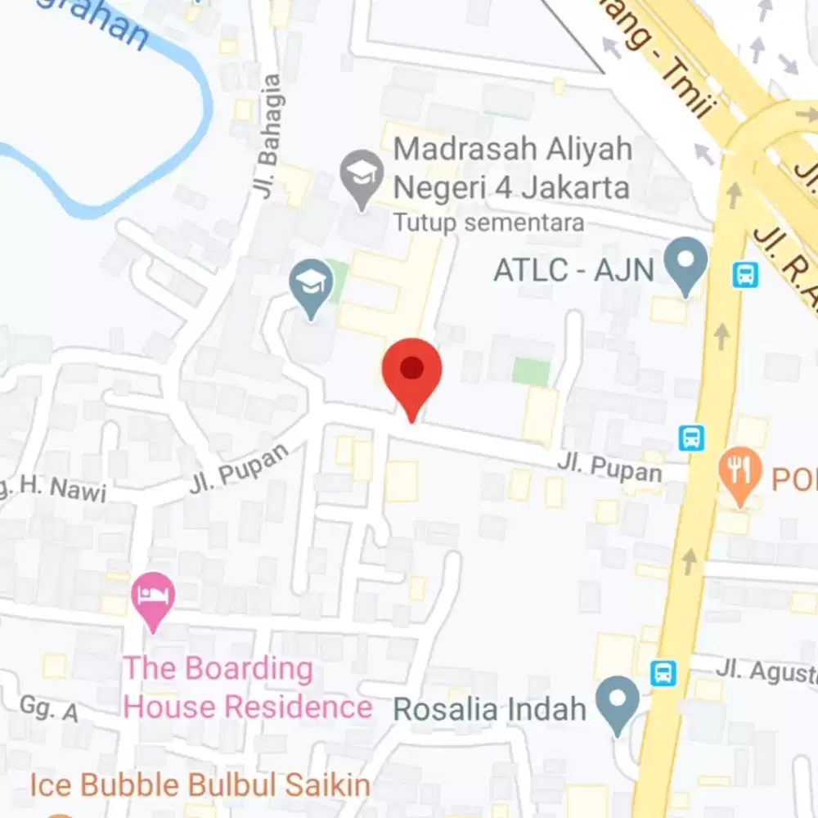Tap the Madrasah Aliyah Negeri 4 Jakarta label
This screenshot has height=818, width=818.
(x=512, y=169)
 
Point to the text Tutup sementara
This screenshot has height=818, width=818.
(x=488, y=222)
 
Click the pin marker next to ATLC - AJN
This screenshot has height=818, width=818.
(x=685, y=264)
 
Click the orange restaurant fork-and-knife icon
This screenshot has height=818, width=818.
(x=739, y=472)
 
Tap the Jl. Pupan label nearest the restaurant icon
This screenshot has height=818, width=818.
(x=609, y=468)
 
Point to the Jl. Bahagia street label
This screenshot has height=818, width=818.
(x=268, y=137)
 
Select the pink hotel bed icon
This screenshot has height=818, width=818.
(x=155, y=594)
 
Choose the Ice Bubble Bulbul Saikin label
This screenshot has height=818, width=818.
(x=200, y=786)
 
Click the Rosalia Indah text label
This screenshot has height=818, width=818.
(x=490, y=708)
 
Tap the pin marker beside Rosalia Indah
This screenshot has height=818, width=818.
(x=617, y=702)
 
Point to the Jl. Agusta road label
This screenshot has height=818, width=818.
(x=766, y=671)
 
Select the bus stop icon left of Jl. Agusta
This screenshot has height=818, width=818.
(x=663, y=673)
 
